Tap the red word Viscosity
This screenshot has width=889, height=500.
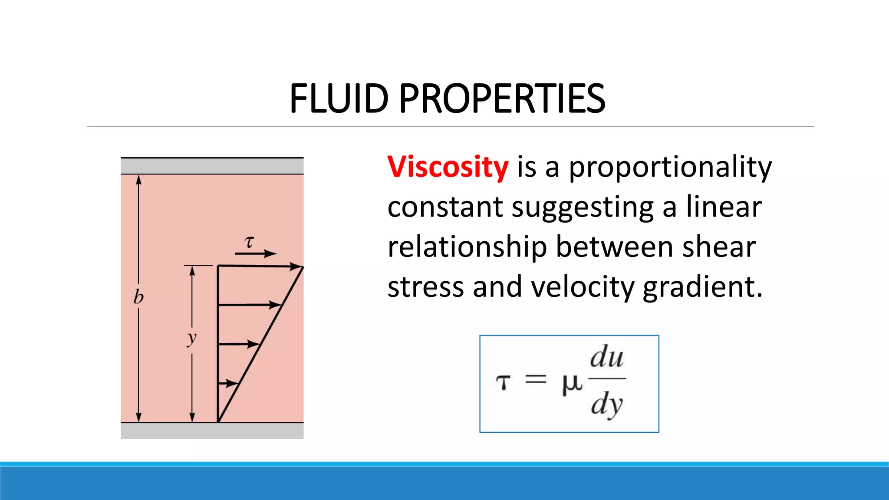click(448, 167)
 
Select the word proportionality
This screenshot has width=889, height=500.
click(670, 167)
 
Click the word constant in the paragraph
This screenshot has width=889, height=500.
click(445, 207)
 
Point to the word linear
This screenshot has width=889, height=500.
click(724, 207)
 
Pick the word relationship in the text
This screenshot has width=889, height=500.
click(467, 247)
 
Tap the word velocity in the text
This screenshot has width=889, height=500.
click(583, 287)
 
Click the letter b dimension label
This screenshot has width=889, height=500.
click(138, 297)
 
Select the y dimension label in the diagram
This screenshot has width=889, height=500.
click(192, 338)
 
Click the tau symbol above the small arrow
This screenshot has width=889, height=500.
click(249, 242)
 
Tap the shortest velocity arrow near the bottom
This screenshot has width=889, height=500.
click(228, 383)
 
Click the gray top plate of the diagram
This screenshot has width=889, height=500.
click(212, 166)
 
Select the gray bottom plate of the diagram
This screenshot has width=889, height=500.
click(212, 431)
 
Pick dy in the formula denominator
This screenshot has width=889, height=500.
click(606, 405)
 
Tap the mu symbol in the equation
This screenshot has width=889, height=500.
click(571, 384)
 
